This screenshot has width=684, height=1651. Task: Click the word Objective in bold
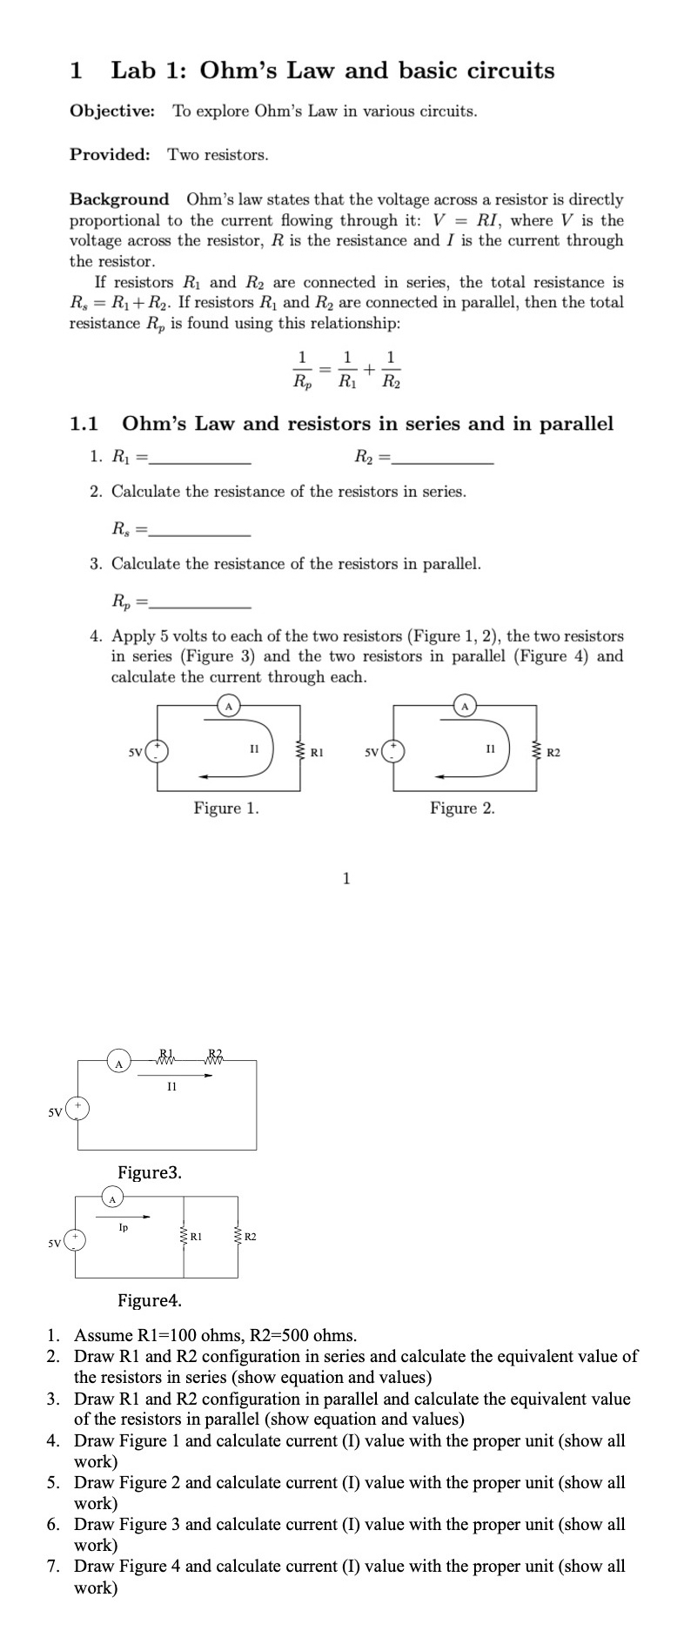click(112, 111)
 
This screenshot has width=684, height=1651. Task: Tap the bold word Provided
click(110, 155)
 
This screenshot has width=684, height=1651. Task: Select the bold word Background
click(119, 199)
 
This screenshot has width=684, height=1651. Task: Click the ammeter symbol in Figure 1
click(228, 705)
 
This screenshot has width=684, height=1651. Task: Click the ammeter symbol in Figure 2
click(465, 705)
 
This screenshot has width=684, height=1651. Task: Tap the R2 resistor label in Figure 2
click(554, 750)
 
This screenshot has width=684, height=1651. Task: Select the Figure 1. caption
click(226, 809)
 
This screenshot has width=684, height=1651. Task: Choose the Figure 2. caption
click(462, 809)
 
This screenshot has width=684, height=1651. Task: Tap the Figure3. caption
click(150, 1172)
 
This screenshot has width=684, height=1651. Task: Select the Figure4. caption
click(150, 1301)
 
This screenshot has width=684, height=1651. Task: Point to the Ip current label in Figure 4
click(124, 1227)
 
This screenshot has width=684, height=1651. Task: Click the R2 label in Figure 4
click(250, 1236)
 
